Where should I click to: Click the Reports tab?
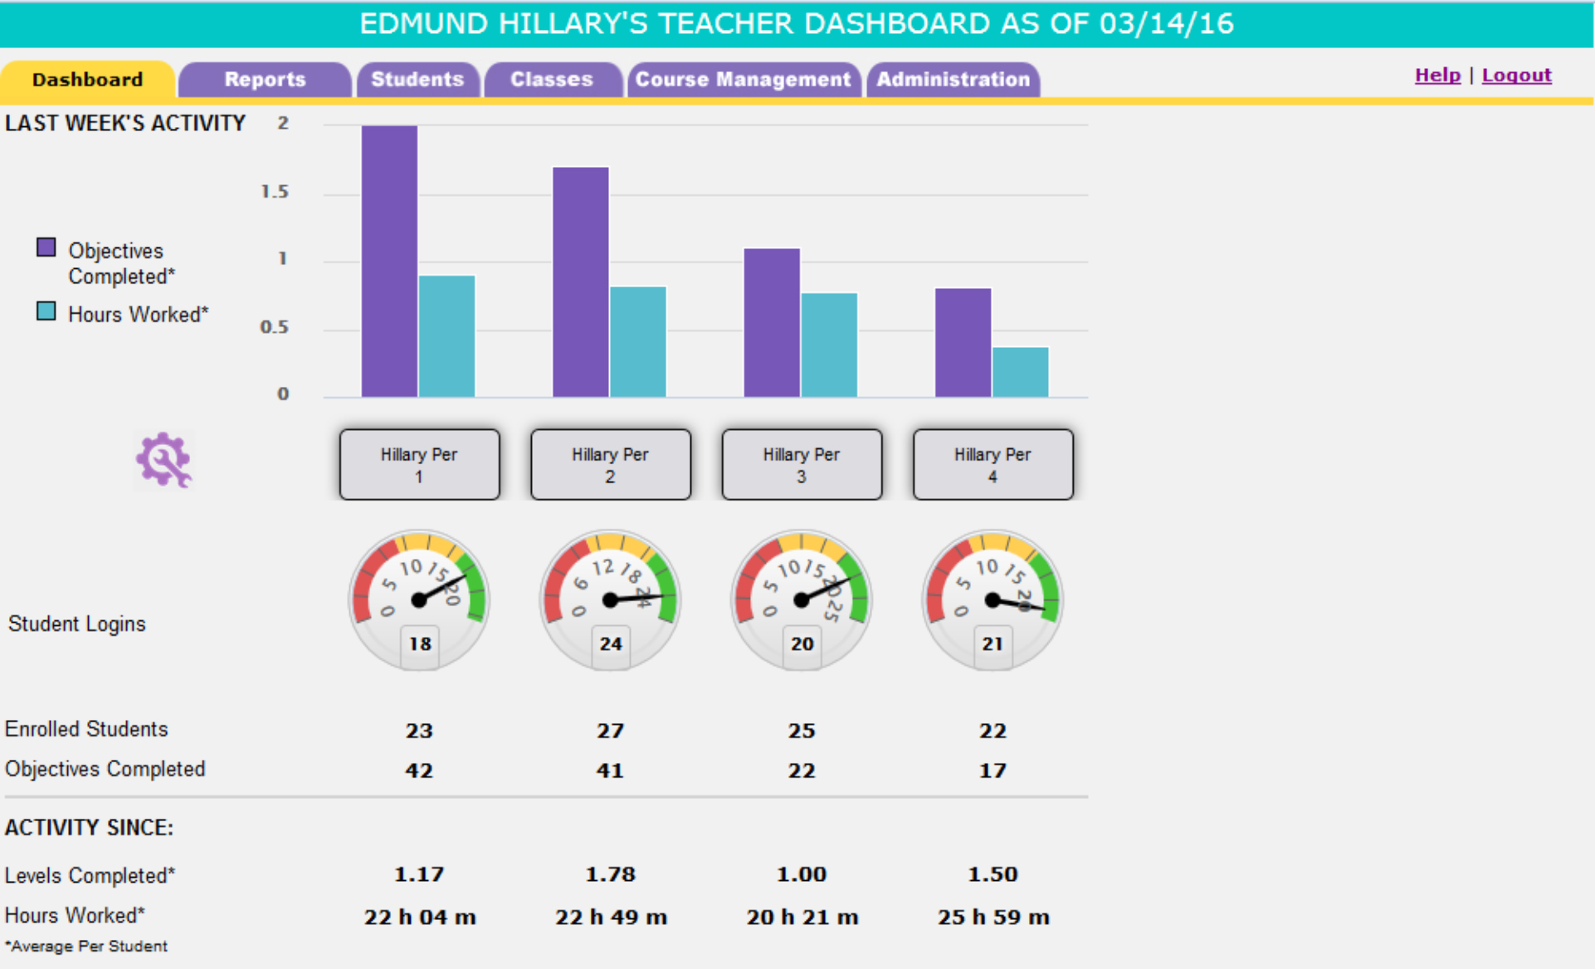(265, 80)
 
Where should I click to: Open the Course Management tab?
(743, 80)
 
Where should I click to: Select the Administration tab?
(953, 80)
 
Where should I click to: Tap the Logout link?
(1516, 76)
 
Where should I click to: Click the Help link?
(1437, 76)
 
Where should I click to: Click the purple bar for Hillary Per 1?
(389, 262)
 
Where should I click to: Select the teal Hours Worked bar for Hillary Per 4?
(1020, 372)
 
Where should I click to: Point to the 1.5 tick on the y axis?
(275, 192)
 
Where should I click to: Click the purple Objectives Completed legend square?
(46, 247)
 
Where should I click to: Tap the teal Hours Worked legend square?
(46, 311)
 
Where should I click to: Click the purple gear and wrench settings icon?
(163, 459)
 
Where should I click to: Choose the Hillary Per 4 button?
(993, 465)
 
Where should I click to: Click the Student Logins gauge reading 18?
(419, 600)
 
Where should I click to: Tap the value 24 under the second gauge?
(611, 644)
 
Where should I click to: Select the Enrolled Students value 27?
(610, 731)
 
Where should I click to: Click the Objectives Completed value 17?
(993, 771)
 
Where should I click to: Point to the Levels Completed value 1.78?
(610, 874)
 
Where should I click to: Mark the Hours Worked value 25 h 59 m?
(993, 918)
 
